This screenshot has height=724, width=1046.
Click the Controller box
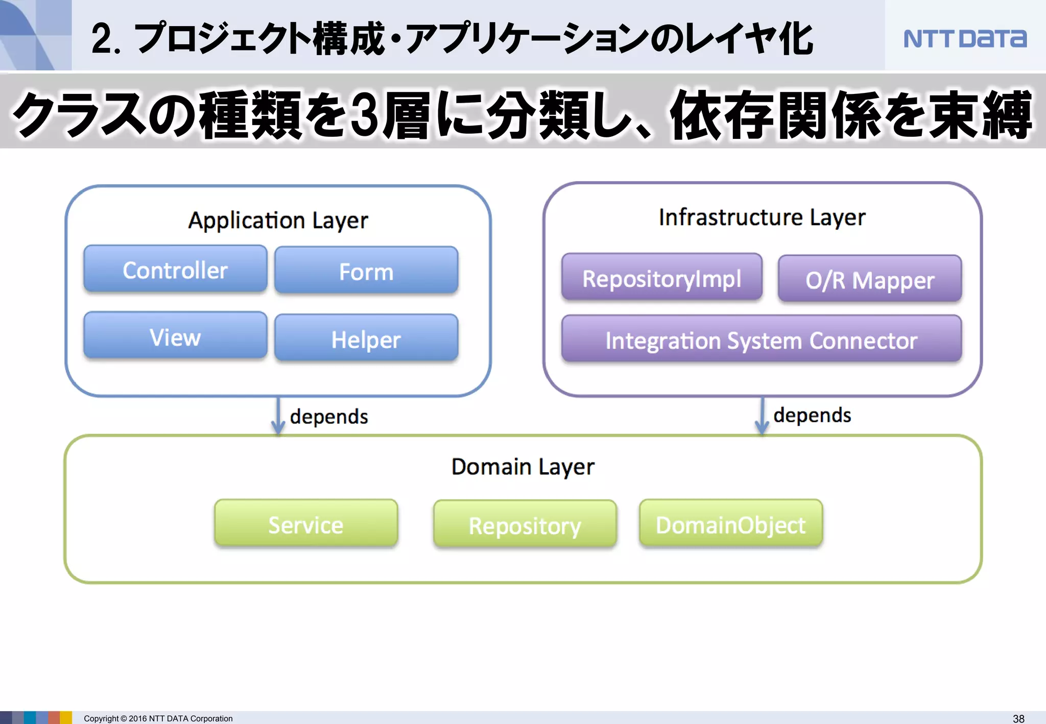click(175, 270)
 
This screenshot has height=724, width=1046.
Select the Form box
click(366, 271)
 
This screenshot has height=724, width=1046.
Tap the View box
click(175, 336)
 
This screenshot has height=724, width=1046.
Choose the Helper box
click(366, 339)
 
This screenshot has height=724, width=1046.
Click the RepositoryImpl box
click(661, 278)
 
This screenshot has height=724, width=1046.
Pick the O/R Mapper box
click(869, 279)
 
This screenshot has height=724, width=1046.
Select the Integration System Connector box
click(761, 340)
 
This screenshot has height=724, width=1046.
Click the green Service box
click(306, 524)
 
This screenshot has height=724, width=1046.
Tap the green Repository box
click(525, 525)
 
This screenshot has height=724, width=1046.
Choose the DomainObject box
click(730, 524)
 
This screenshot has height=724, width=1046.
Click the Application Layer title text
click(278, 221)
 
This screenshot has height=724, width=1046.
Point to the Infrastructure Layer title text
click(762, 218)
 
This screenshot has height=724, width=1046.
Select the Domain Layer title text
click(522, 467)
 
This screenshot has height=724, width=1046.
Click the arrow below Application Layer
click(278, 416)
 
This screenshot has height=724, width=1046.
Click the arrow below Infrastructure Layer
click(762, 416)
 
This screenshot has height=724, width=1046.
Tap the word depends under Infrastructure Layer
click(812, 415)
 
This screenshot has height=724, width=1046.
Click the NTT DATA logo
click(964, 39)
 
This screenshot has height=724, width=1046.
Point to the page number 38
click(1018, 718)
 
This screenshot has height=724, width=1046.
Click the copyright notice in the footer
click(158, 718)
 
